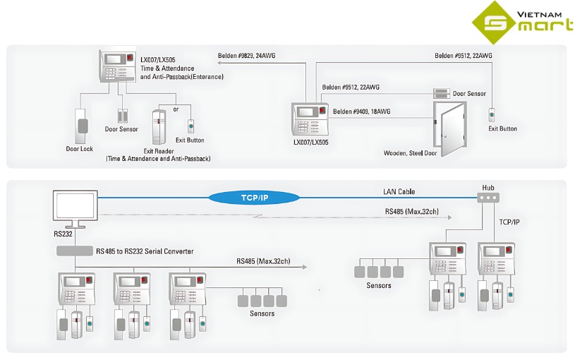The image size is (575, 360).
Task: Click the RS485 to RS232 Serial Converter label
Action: [x=145, y=251]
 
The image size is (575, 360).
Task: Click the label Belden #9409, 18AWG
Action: [x=361, y=112]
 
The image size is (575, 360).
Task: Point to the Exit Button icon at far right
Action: [x=492, y=114]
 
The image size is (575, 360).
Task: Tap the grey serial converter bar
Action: [x=74, y=251]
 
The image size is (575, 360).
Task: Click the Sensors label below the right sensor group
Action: [x=378, y=285]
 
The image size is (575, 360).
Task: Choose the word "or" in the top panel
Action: [x=176, y=109]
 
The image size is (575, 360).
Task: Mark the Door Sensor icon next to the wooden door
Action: [x=442, y=93]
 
